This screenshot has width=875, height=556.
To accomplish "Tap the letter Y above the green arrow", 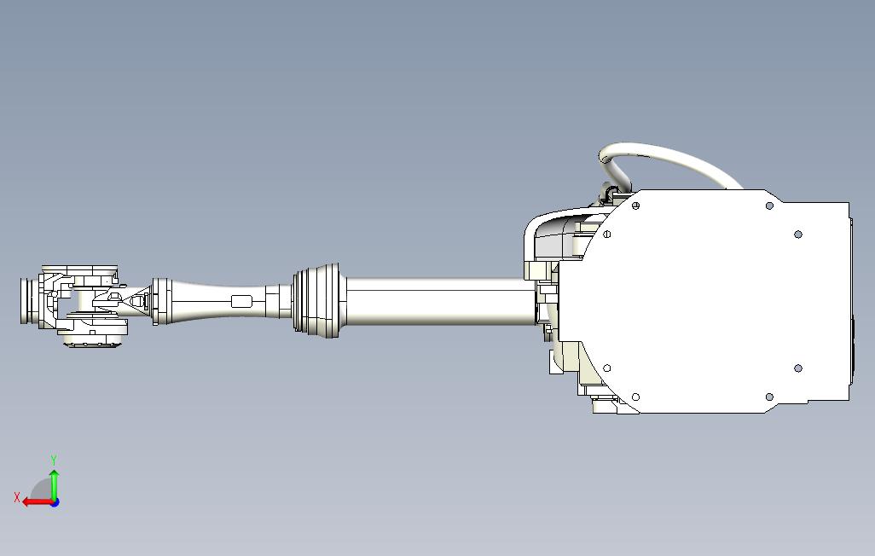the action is (x=54, y=460).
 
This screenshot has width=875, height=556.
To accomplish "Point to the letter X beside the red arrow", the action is (x=17, y=497).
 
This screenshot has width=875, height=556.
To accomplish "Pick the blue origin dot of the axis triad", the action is (x=55, y=502).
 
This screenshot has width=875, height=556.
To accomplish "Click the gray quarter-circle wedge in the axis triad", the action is (x=43, y=491).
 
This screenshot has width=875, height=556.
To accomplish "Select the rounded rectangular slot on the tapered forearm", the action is (x=241, y=302).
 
